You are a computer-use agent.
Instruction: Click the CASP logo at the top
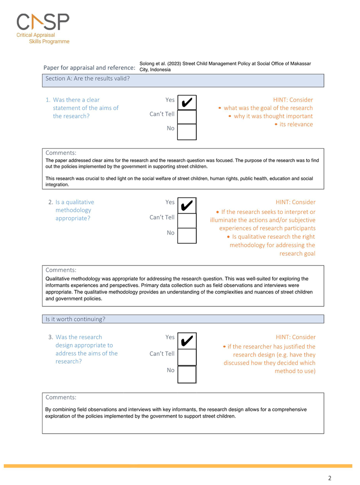43,22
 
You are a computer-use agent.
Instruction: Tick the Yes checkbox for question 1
187,102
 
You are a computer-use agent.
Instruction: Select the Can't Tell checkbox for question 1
187,117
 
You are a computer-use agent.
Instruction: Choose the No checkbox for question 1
187,132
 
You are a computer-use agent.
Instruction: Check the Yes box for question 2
187,205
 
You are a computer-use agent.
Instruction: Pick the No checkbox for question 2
187,235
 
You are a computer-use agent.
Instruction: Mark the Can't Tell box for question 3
187,357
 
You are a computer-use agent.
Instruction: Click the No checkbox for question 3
187,374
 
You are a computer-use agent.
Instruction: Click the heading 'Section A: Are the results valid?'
87,78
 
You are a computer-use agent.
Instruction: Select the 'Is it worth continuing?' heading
75,319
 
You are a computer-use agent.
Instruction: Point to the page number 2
330,478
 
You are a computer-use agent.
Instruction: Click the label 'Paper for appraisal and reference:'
89,67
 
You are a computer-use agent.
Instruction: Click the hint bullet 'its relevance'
296,124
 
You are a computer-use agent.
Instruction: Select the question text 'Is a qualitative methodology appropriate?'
75,210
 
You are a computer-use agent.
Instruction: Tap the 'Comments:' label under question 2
61,270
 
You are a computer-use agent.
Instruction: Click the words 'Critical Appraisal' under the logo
36,35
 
